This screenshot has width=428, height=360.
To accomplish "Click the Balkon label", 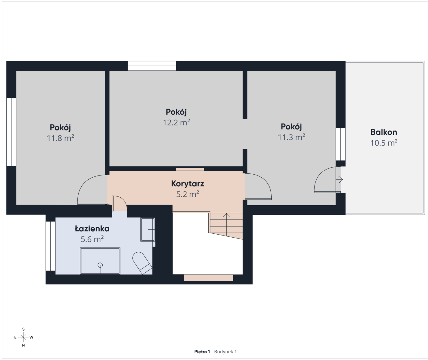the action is (x=384, y=132).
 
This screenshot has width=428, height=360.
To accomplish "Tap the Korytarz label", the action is (x=188, y=184).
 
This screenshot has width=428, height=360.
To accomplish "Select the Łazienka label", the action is (x=92, y=229).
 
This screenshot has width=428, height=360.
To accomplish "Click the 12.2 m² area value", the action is (x=176, y=122).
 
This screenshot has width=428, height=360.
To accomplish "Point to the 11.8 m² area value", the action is (x=60, y=138).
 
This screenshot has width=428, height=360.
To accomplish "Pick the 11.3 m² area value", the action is (x=291, y=137).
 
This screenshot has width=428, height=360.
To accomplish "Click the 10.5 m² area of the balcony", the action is (x=384, y=143).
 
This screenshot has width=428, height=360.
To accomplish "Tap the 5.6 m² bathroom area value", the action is (x=92, y=239).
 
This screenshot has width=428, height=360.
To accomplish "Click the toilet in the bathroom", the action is (x=142, y=263).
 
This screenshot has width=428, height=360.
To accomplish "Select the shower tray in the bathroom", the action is (x=100, y=261).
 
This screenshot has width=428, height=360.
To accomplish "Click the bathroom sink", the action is (x=148, y=229).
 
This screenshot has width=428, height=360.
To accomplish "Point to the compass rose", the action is (x=23, y=337).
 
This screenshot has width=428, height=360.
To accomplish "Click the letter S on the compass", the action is (x=23, y=329).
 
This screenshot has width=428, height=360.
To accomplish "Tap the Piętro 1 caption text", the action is (x=202, y=352).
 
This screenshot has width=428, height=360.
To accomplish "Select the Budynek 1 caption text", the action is (x=225, y=352).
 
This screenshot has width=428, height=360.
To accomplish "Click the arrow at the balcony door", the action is (x=339, y=180).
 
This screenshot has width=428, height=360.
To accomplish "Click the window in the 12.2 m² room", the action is (x=152, y=66).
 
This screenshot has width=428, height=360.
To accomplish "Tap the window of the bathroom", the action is (x=50, y=246).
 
